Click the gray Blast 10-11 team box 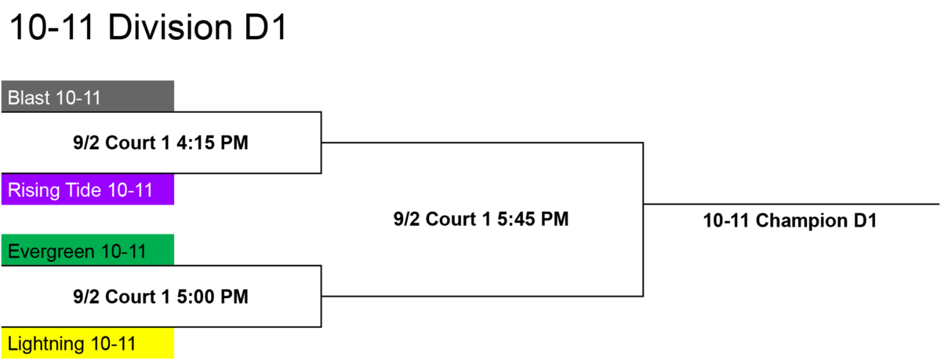coord(88,96)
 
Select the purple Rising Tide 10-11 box coord(88,190)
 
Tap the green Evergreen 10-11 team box coord(88,250)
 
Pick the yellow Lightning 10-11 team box coord(88,344)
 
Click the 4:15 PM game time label coord(161,143)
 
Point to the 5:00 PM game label coord(161,296)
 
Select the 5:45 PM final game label coord(481,220)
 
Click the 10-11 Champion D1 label coord(790,221)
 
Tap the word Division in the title coord(171,27)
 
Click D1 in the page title coord(266,27)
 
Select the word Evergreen coord(51,252)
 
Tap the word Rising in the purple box coord(34,191)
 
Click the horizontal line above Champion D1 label coord(791,204)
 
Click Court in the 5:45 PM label coord(452,220)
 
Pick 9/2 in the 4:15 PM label coord(86,143)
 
